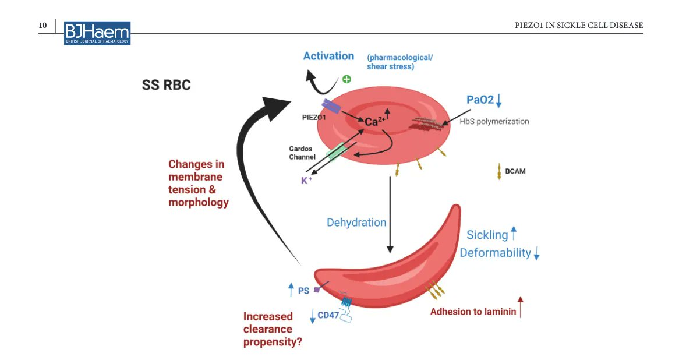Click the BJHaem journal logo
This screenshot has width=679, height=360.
point(97,33)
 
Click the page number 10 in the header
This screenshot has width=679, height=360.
point(43,26)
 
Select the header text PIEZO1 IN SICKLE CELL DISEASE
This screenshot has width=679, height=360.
point(579,26)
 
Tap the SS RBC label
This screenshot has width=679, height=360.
point(167,86)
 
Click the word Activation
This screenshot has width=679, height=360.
point(328,56)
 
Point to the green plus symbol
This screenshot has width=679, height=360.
point(346,79)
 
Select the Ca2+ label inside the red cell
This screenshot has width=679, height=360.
point(375,122)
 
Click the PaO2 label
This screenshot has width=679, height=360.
point(480,100)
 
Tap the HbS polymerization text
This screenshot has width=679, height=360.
point(494,122)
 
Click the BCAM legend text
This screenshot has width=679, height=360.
point(515,171)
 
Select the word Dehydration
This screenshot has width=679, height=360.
point(356,223)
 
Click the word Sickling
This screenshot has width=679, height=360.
point(487,235)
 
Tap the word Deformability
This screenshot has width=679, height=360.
point(495,253)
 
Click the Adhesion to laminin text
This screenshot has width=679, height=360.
point(473,312)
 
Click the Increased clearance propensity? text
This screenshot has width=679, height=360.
point(272,329)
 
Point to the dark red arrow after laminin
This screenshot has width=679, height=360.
point(521,308)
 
